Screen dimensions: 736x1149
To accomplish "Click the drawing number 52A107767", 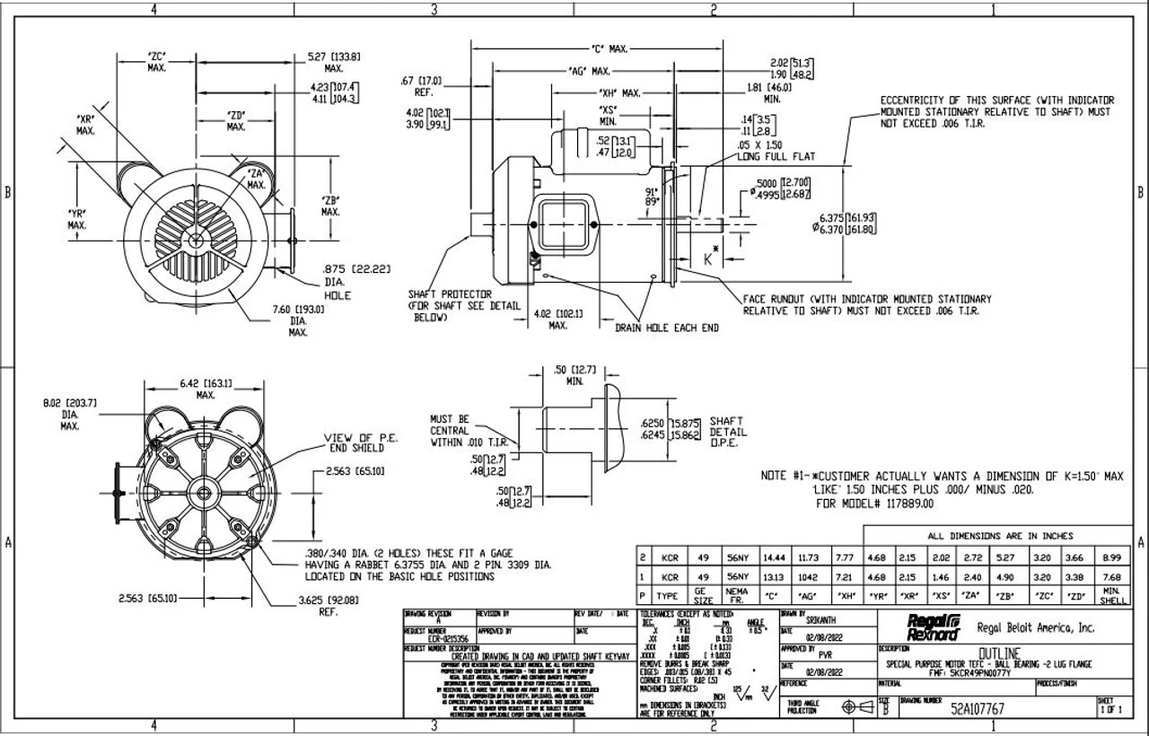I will point(978,708).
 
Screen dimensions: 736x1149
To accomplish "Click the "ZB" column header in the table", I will point(1004,595).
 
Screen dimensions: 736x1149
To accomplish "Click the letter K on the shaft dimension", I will point(709,259).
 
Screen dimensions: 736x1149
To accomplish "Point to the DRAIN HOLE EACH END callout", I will point(666,329).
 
